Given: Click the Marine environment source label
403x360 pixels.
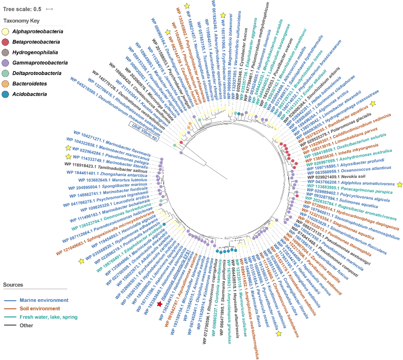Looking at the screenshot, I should coord(44,300).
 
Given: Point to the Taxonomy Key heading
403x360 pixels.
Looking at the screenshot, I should coord(21,21).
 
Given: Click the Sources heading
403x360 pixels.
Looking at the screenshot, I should coord(13,285).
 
